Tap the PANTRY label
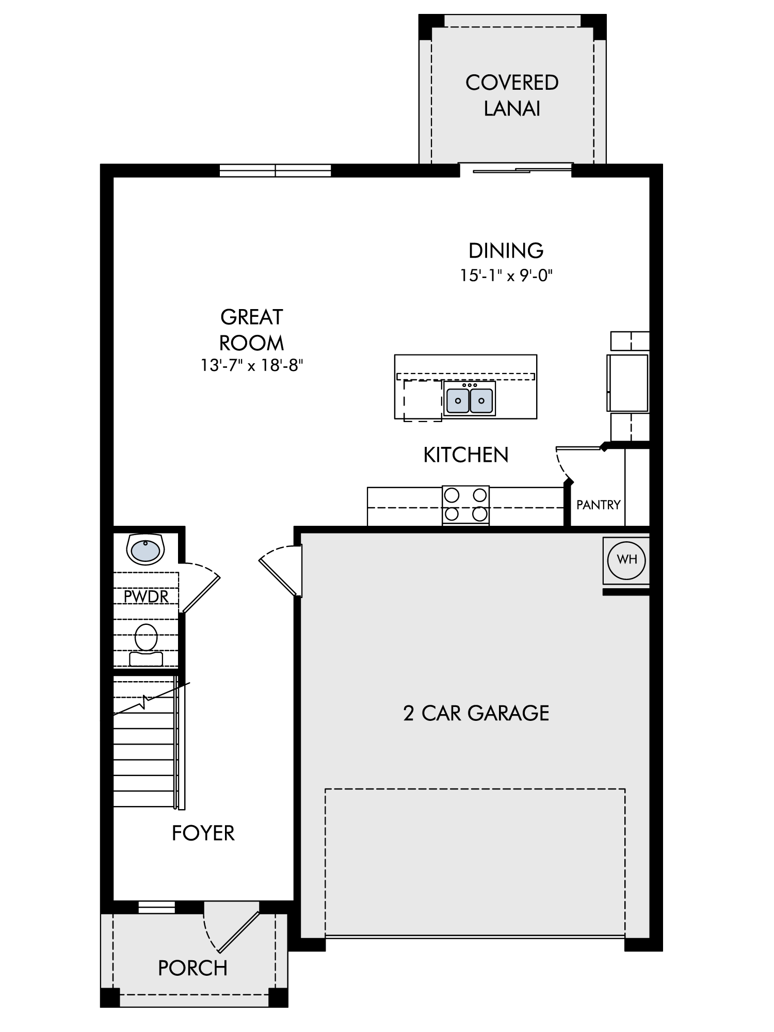(598, 505)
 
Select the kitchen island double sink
(470, 398)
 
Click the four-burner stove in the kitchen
(465, 505)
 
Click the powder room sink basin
(145, 550)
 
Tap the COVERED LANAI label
(512, 95)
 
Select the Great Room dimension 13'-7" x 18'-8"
(251, 366)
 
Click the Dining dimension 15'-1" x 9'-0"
(506, 276)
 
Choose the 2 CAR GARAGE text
(476, 713)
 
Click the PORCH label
(192, 968)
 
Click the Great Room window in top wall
(275, 170)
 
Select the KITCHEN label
(466, 455)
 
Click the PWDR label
(146, 596)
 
